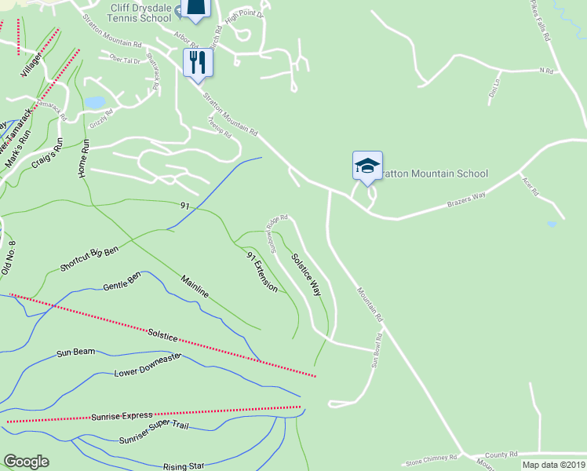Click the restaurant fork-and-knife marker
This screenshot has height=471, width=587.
(197, 62)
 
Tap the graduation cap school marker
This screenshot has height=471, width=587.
(367, 166)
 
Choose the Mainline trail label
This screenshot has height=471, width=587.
(195, 286)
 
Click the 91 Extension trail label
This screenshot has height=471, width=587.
(262, 272)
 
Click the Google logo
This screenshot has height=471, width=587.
(26, 462)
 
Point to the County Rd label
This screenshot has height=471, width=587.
(501, 455)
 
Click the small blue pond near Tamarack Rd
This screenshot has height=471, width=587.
(94, 103)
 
